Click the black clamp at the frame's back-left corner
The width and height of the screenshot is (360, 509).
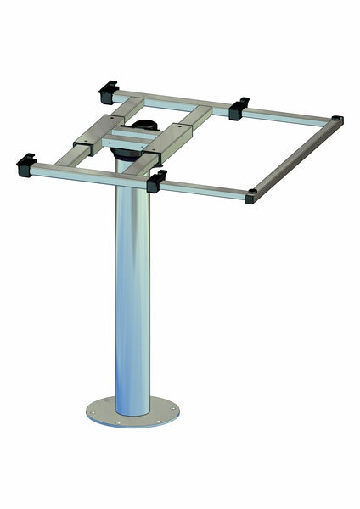tap(108, 87)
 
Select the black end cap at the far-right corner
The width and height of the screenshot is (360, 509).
tap(337, 120)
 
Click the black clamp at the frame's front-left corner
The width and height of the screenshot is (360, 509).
tap(25, 162)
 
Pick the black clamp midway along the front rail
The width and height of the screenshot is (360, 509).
tap(156, 180)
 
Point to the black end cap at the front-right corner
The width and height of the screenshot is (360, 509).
tap(251, 198)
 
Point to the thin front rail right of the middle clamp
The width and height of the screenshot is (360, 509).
tap(204, 189)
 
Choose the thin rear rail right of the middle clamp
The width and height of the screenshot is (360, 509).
tap(289, 114)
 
